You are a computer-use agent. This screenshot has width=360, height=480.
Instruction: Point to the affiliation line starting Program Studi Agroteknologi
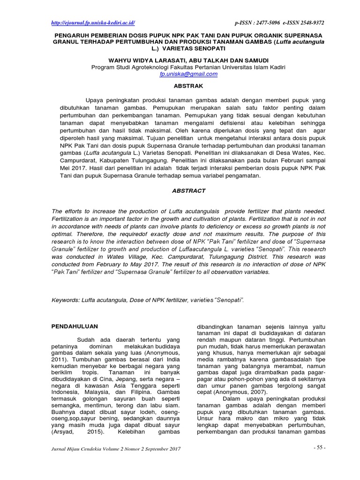click(188, 67)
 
